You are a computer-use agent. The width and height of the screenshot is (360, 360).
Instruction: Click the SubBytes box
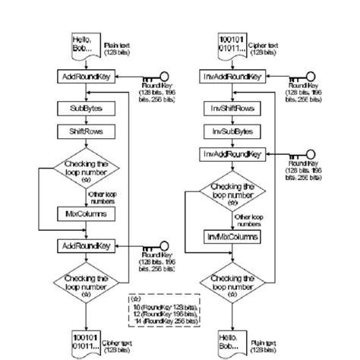[x=84, y=109]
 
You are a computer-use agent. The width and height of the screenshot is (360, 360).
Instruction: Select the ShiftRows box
[x=84, y=131]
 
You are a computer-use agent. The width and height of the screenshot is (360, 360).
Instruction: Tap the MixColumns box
[x=84, y=214]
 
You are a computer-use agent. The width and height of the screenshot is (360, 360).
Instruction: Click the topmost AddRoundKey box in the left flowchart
[x=84, y=77]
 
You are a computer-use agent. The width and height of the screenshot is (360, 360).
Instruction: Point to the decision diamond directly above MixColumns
[x=84, y=172]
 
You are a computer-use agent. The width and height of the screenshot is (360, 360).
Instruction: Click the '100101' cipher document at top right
[x=232, y=45]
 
